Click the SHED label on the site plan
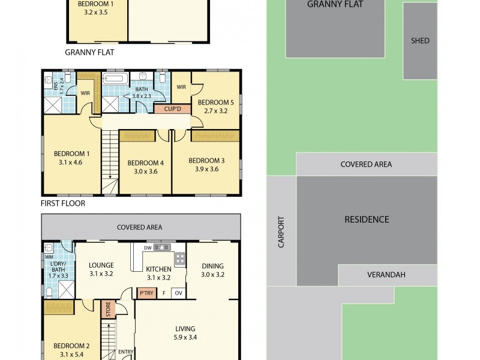[420, 41]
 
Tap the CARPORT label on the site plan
[281, 232]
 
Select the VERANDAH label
[386, 275]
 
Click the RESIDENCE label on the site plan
[367, 220]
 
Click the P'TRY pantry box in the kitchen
[146, 293]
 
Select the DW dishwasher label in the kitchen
[148, 247]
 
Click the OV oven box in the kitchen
[178, 293]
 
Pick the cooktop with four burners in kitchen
[179, 259]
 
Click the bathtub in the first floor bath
[116, 79]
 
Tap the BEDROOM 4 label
[145, 163]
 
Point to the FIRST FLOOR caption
[63, 203]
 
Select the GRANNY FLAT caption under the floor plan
[89, 52]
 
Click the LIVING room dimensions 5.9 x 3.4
[185, 337]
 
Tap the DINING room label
[212, 266]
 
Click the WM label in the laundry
[49, 257]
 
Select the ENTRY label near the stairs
[126, 352]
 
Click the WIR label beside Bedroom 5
[181, 87]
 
